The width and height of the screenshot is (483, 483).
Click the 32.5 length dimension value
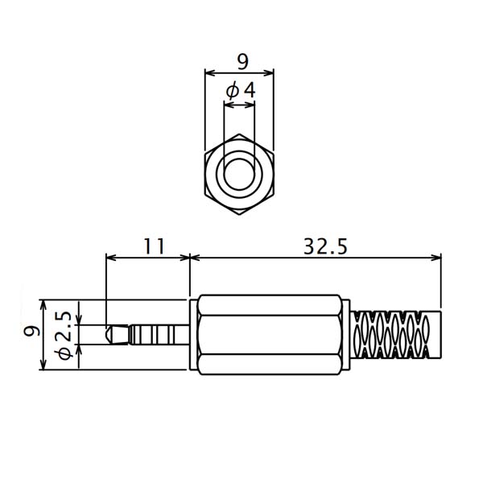(x=325, y=247)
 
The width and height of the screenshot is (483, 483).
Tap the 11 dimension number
(x=155, y=247)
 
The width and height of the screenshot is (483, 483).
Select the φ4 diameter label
(x=241, y=90)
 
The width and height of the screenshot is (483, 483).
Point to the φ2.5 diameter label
(x=64, y=336)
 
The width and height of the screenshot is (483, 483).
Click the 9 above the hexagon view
(x=243, y=61)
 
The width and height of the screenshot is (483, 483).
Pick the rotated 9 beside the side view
(x=31, y=331)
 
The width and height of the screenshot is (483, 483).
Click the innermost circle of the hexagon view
(x=240, y=174)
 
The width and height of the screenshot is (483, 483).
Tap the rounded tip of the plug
(x=108, y=334)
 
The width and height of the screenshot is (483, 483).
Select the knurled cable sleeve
(x=397, y=335)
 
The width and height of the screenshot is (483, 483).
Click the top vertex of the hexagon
(x=239, y=134)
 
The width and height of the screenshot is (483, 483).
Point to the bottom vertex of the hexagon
(x=239, y=214)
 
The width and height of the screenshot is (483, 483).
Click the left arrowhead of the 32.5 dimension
(x=195, y=258)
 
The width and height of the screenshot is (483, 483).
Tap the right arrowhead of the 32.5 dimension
(x=436, y=258)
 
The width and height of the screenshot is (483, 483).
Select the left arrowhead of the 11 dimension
(x=111, y=258)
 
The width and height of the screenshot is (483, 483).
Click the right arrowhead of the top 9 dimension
(x=269, y=73)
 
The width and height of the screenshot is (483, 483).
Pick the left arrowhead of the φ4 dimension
(x=229, y=105)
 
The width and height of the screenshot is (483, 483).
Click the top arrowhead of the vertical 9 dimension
(x=43, y=304)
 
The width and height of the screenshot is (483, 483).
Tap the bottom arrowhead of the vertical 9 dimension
(x=43, y=365)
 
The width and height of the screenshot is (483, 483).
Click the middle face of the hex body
(x=270, y=335)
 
